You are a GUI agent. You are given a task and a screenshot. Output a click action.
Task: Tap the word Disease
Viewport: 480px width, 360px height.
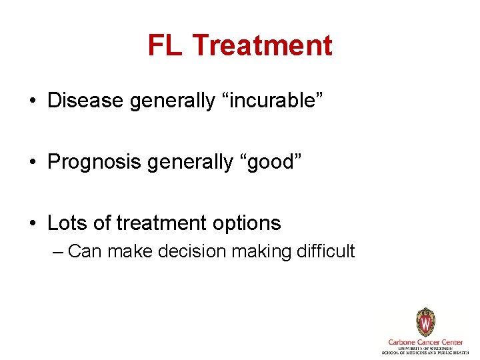tap(85, 101)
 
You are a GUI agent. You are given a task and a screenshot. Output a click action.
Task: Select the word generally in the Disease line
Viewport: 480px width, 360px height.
tap(173, 101)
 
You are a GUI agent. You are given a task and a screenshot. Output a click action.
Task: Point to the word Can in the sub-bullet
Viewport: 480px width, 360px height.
tap(83, 251)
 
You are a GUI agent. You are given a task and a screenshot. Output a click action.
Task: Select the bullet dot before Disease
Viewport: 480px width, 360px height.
tap(32, 101)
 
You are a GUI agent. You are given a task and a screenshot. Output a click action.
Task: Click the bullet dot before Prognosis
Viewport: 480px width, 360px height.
tap(32, 163)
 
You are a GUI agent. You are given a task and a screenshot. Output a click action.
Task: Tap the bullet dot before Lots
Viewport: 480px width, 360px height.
tap(32, 224)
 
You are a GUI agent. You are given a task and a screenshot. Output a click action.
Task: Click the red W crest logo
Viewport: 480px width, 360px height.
tap(425, 323)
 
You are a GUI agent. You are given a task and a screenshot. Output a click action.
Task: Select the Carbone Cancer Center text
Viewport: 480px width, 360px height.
tap(425, 342)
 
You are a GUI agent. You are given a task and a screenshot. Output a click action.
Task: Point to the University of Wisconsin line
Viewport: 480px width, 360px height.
tap(425, 348)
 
